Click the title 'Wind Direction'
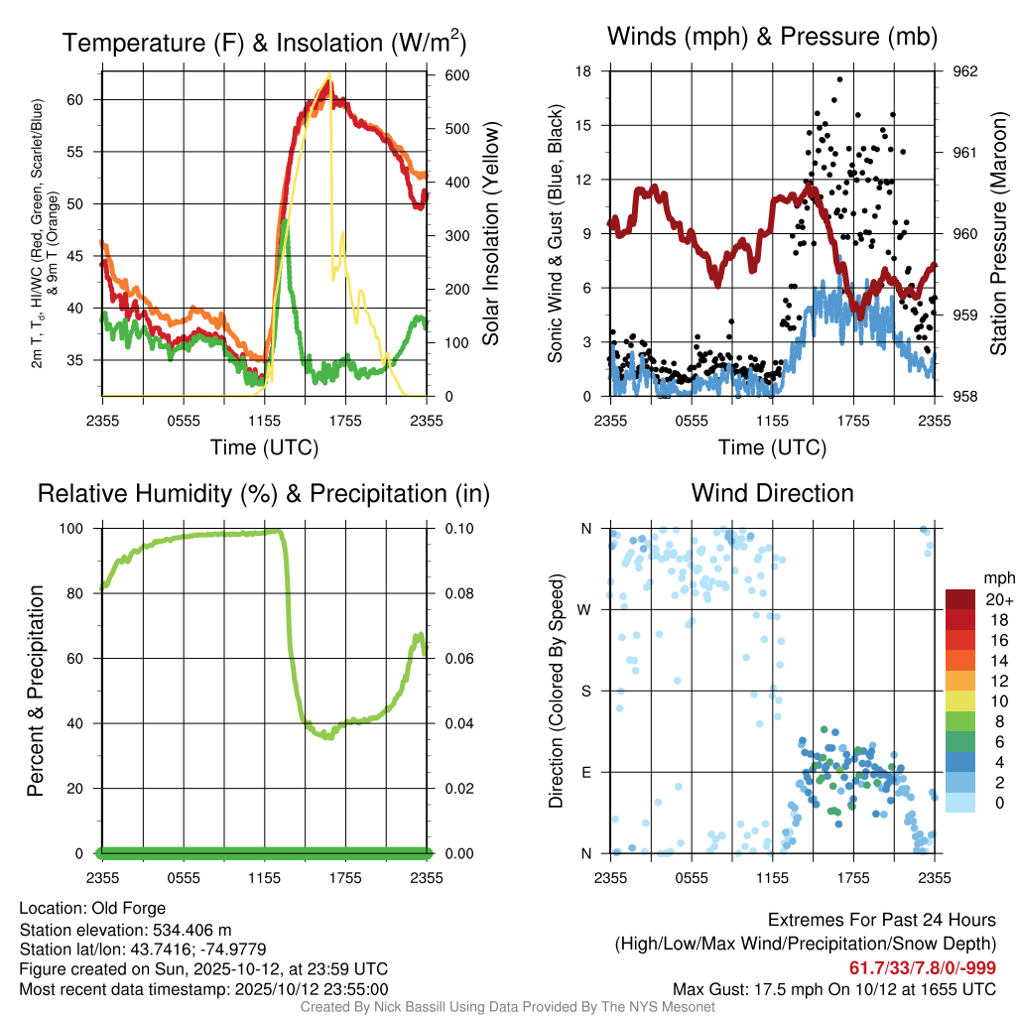pyautogui.click(x=772, y=493)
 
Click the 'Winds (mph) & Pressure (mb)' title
pyautogui.click(x=772, y=38)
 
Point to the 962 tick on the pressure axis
pyautogui.click(x=965, y=71)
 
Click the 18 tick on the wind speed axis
pyautogui.click(x=583, y=71)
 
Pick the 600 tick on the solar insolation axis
pyautogui.click(x=443, y=75)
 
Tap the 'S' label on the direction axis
pyautogui.click(x=586, y=691)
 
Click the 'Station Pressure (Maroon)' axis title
pyautogui.click(x=998, y=233)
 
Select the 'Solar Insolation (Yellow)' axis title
pyautogui.click(x=490, y=233)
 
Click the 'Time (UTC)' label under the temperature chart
pyautogui.click(x=264, y=447)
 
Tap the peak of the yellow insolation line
pyautogui.click(x=330, y=74)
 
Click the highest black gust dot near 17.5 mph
pyautogui.click(x=839, y=79)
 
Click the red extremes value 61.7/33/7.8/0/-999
pyautogui.click(x=923, y=968)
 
